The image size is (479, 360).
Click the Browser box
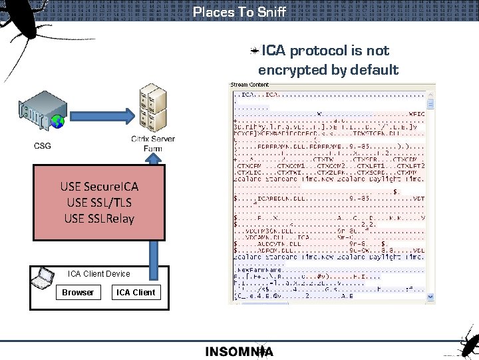pyautogui.click(x=78, y=292)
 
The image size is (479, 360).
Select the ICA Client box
pyautogui.click(x=136, y=292)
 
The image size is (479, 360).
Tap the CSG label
pyautogui.click(x=41, y=145)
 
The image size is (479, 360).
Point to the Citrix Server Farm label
pyautogui.click(x=153, y=143)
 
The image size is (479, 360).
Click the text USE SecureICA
pyautogui.click(x=98, y=186)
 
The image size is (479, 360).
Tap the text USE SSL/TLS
pyautogui.click(x=98, y=202)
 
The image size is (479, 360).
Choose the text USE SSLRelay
pyautogui.click(x=98, y=218)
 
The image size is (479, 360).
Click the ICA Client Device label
pyautogui.click(x=99, y=273)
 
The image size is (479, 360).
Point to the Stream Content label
pyautogui.click(x=249, y=85)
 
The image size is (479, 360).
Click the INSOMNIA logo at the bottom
pyautogui.click(x=239, y=352)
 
